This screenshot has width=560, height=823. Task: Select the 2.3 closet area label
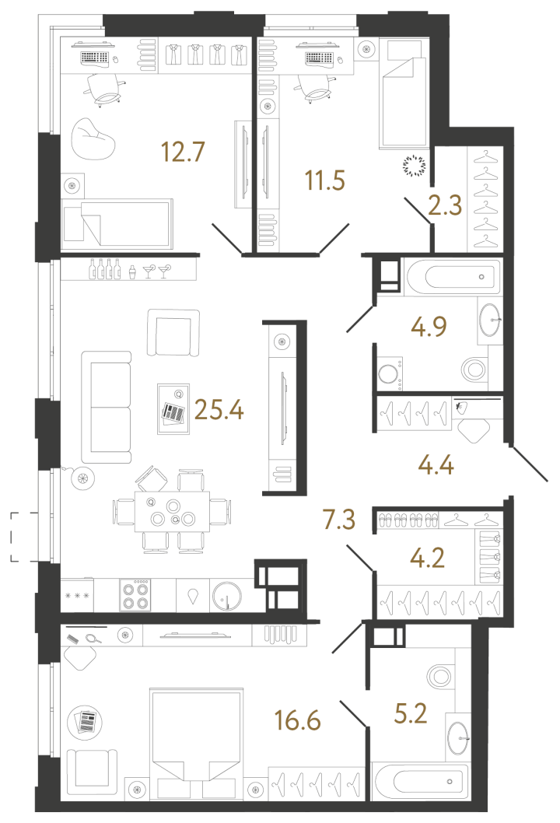446,206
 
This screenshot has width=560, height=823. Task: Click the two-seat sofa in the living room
107,407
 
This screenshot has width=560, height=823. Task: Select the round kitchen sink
227,597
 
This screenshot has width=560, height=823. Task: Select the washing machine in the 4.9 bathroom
387,373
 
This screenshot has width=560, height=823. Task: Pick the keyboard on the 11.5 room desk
319,58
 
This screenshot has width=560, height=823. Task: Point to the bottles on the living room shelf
104,268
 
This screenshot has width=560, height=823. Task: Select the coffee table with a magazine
174,408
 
